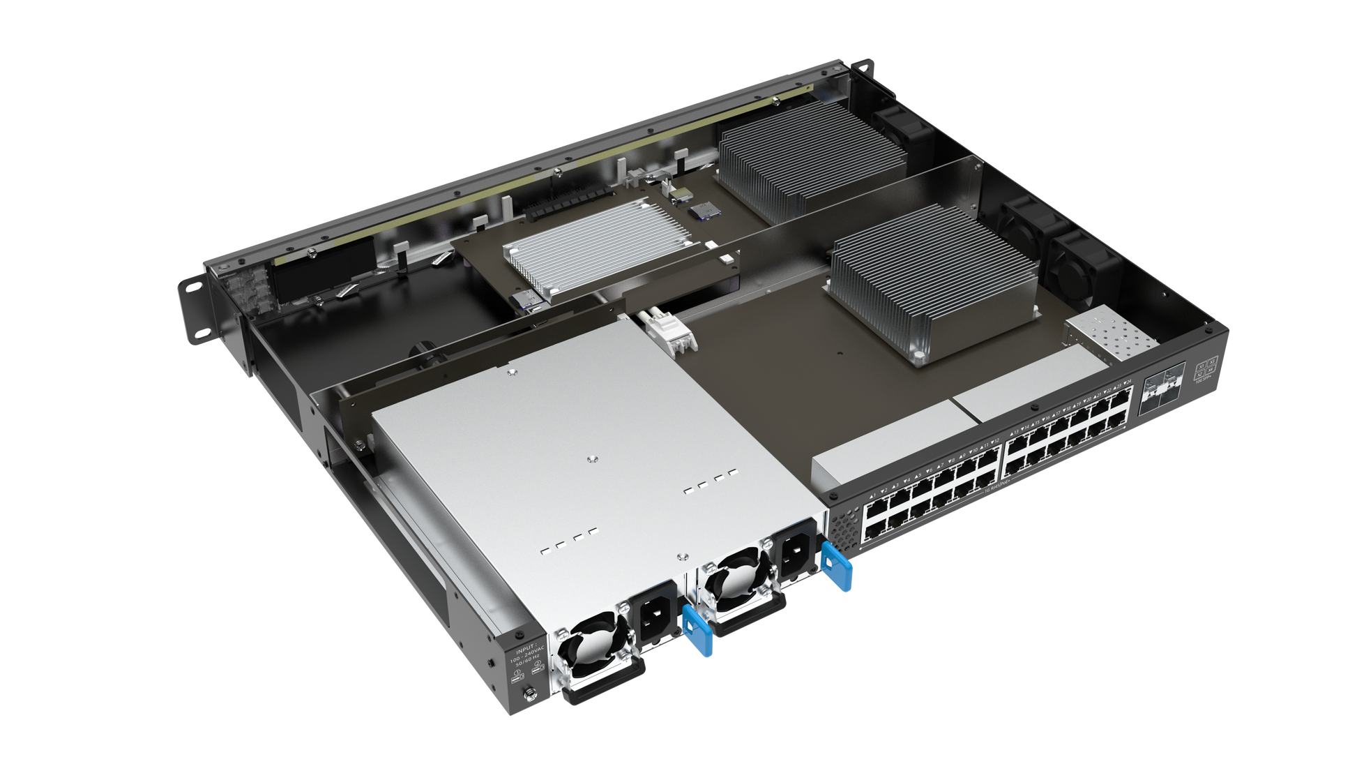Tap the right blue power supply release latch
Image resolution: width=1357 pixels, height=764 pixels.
(837, 566)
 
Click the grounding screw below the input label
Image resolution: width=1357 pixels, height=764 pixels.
(529, 694)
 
